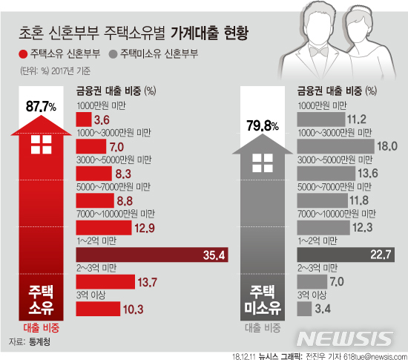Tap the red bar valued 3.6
click(83, 120)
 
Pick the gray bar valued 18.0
click(333, 146)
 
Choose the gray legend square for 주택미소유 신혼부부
click(112, 54)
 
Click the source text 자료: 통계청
click(35, 341)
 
